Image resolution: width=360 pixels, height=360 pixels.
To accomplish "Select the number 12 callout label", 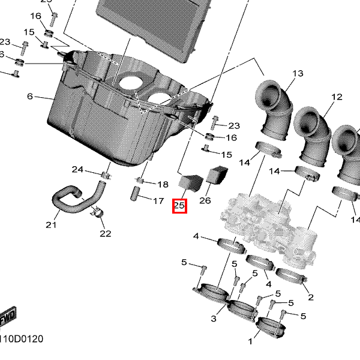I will (335, 97).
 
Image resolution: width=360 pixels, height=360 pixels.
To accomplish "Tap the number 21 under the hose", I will (51, 225).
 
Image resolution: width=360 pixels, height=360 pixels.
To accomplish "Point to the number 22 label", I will (106, 233).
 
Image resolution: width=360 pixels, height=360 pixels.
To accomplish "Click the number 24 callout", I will (78, 169).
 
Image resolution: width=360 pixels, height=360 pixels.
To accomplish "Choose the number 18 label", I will (163, 184).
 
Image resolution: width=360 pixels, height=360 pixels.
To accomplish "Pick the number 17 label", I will (158, 201).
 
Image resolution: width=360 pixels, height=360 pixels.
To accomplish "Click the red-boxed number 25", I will (179, 206).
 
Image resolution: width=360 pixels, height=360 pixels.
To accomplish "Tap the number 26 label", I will (205, 200).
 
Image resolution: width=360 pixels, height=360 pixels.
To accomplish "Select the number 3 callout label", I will (214, 318).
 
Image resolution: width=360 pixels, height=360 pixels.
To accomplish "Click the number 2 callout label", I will (310, 298).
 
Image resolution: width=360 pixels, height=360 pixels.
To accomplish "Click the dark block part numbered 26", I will (217, 175).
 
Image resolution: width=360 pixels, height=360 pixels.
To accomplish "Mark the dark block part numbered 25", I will (191, 179).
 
